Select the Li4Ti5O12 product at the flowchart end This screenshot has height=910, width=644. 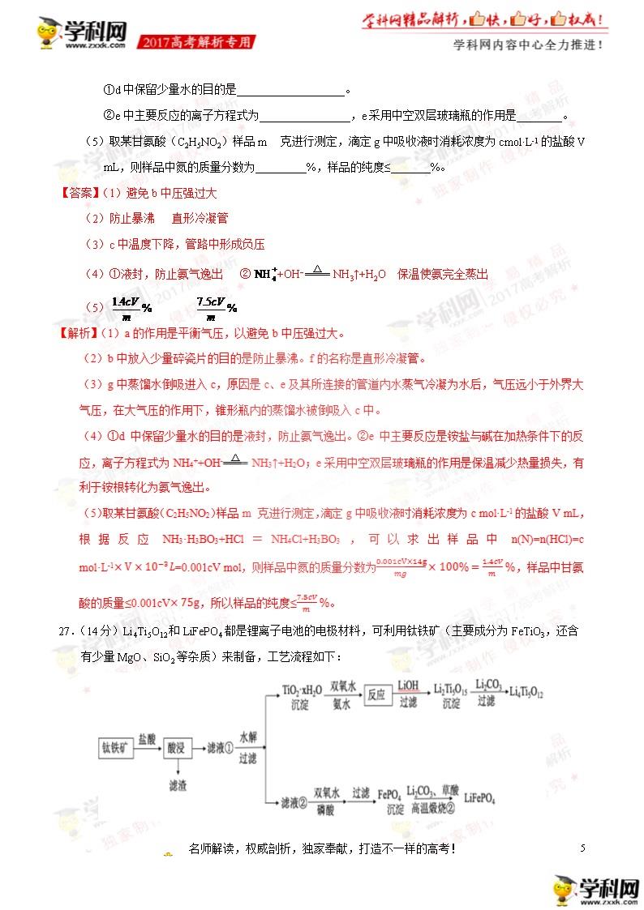coord(527,694)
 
